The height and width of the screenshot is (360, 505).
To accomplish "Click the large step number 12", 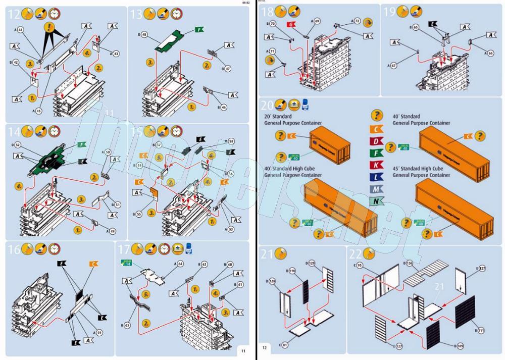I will (13, 14).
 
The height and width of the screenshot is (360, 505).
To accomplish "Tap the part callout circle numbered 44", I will (21, 30).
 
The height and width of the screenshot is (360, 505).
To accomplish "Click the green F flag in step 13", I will (200, 30).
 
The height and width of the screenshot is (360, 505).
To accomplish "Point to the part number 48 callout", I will (144, 35).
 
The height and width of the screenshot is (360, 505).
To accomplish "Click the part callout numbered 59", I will (99, 332).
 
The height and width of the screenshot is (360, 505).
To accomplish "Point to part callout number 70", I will (273, 24).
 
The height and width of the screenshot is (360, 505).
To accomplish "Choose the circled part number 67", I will (394, 66).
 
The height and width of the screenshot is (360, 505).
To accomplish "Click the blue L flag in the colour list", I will (377, 176).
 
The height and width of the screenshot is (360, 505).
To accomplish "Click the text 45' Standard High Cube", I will (422, 169).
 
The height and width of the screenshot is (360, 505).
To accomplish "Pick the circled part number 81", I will (285, 345).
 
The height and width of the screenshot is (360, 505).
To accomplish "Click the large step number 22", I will (356, 254).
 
